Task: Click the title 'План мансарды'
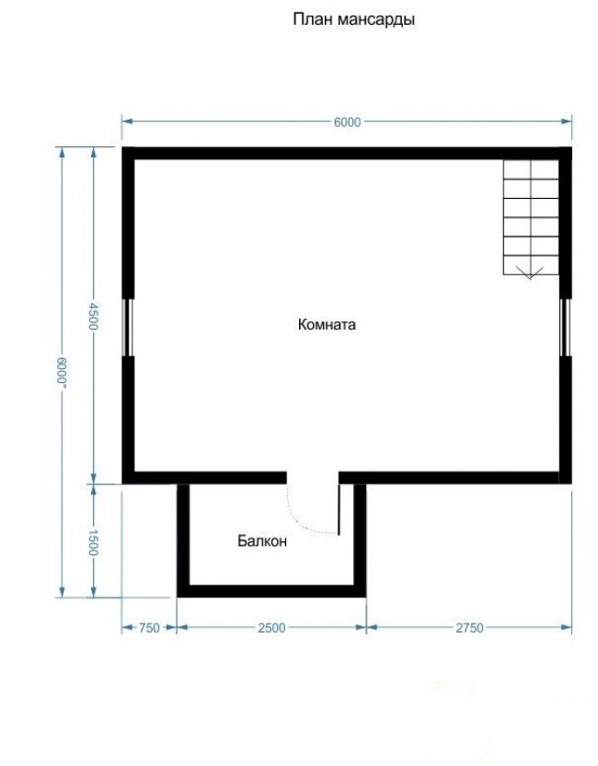tap(354, 20)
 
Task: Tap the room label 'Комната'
tap(327, 325)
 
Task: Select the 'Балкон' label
tap(262, 541)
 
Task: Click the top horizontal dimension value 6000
tap(347, 122)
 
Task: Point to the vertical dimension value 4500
tap(93, 316)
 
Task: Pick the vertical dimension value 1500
tap(93, 542)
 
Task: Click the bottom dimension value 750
tap(149, 628)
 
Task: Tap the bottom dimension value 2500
tap(271, 628)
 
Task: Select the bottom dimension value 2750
tap(469, 628)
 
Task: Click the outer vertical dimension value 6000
tap(62, 372)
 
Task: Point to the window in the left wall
tap(128, 327)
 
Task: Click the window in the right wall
tap(565, 327)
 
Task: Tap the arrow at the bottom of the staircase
tap(530, 273)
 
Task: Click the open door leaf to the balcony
tap(339, 509)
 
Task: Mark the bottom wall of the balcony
tap(271, 591)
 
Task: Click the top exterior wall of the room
tap(347, 153)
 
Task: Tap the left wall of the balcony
tap(183, 540)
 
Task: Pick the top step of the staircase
tap(531, 169)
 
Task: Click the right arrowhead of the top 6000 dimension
tap(567, 122)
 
